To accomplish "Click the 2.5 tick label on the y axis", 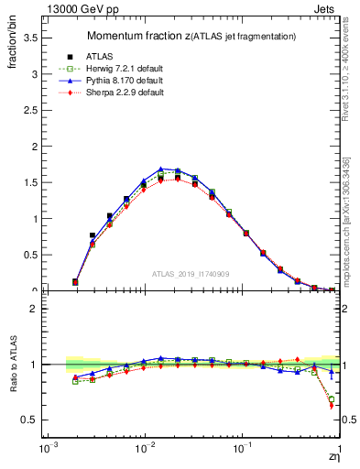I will click(x=30, y=110).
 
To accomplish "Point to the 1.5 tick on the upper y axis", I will click(x=30, y=182).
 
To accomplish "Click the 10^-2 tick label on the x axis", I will click(x=144, y=450).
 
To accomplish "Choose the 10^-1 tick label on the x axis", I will click(x=242, y=450).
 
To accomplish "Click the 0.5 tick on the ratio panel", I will click(x=30, y=420).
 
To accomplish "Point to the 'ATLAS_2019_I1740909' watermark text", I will click(x=191, y=274).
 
